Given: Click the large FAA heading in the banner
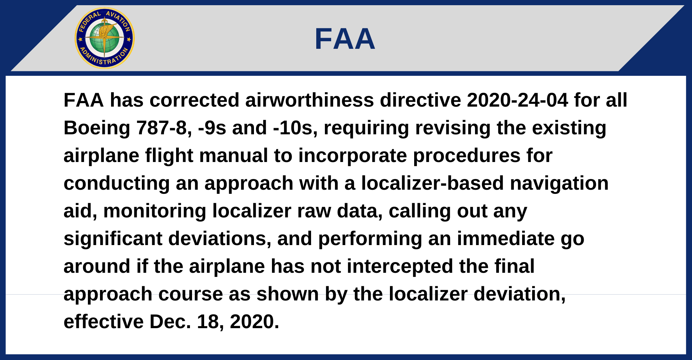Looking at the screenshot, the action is point(345,39).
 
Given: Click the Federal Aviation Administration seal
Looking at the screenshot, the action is point(104,38).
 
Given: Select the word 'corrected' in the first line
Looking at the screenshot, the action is point(194,100).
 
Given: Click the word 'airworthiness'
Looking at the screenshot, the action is point(310,100).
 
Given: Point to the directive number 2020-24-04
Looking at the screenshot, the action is point(518,100).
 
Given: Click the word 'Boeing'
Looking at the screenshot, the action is point(97,128).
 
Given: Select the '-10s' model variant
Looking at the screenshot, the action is point(295,128).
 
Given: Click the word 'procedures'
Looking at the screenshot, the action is point(467,156).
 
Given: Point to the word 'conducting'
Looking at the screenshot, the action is point(117,184).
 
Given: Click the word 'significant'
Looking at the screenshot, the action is point(113,239).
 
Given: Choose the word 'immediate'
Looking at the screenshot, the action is point(506,239).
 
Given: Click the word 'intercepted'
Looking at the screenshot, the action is point(400,267).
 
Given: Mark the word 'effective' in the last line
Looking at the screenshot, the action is point(103,322).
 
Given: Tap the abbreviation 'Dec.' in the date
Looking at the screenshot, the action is point(170,322).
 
